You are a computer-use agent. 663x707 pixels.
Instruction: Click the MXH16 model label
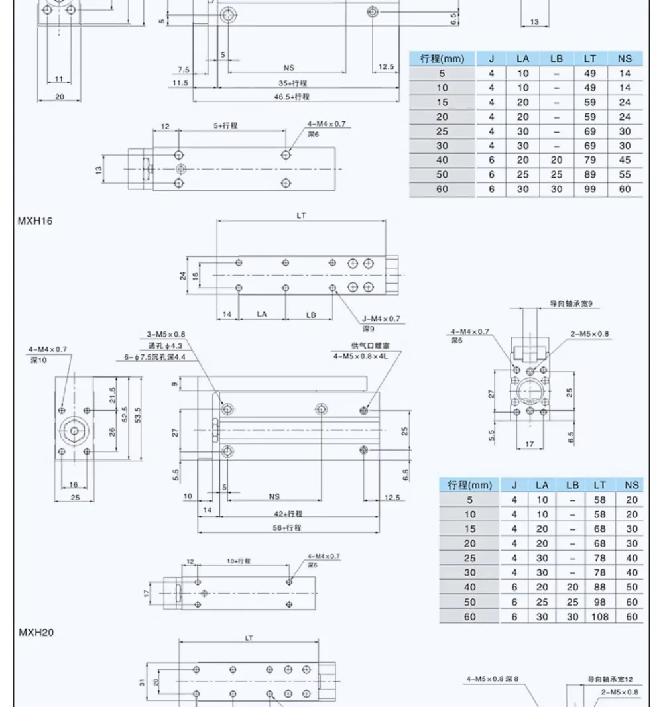pos(34,221)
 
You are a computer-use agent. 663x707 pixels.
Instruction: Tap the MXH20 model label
pos(36,633)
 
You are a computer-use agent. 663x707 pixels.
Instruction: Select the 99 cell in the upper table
pos(590,190)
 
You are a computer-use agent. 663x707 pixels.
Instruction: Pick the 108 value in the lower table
pos(595,616)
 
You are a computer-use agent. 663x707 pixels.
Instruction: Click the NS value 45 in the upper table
pos(625,160)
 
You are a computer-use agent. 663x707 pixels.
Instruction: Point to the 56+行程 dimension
pos(287,528)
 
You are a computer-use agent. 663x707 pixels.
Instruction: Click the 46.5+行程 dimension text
pos(292,97)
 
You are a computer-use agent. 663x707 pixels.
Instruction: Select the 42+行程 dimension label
pos(288,514)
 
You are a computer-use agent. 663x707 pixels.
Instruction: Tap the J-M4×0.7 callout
pos(381,319)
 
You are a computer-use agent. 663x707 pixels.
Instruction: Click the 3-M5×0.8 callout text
pos(166,334)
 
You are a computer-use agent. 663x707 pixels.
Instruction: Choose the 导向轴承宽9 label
pos(571,304)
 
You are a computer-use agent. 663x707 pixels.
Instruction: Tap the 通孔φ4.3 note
pos(166,346)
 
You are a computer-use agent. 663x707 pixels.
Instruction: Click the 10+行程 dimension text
pos(239,561)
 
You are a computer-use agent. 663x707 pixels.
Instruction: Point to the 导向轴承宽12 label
pos(610,679)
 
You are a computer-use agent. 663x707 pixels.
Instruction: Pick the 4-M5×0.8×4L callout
pos(361,357)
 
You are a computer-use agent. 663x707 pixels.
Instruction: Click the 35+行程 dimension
pos(292,83)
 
